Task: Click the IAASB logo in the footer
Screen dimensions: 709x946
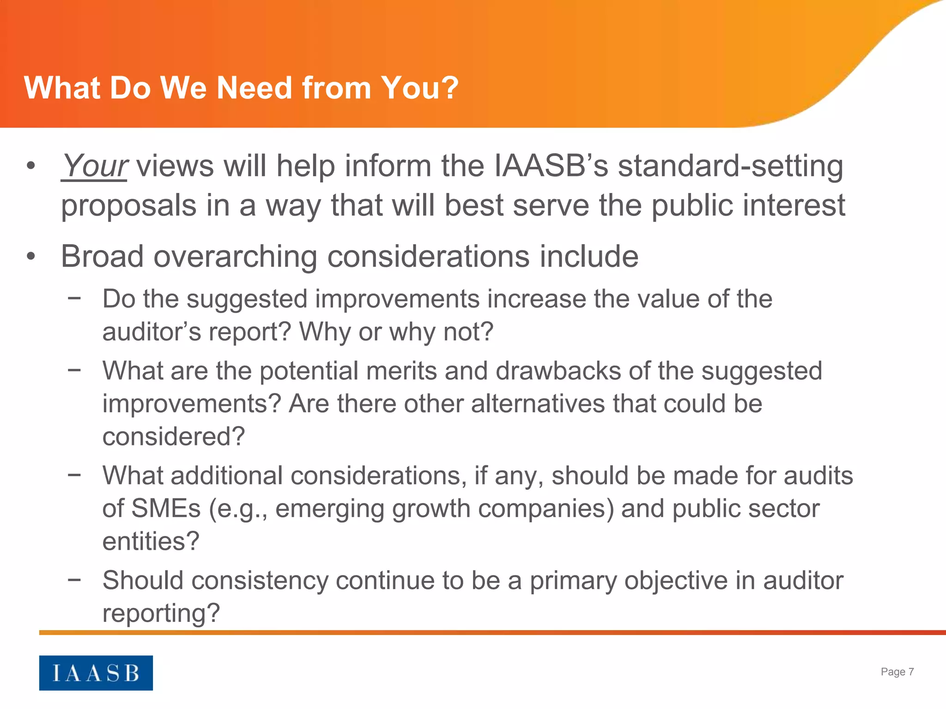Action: [96, 673]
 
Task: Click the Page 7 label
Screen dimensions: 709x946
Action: [897, 672]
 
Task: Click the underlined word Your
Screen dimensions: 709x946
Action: [94, 166]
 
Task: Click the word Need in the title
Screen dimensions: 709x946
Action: [254, 88]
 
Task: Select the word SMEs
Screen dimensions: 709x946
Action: [166, 508]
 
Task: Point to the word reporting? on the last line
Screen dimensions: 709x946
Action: [161, 614]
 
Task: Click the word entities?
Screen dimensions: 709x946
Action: [151, 541]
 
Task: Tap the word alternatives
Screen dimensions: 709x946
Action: [538, 404]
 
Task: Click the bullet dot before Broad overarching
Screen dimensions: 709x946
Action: [30, 257]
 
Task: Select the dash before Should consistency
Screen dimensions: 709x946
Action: [74, 579]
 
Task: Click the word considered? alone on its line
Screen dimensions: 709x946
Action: [173, 437]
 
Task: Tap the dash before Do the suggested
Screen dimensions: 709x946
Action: [74, 298]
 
